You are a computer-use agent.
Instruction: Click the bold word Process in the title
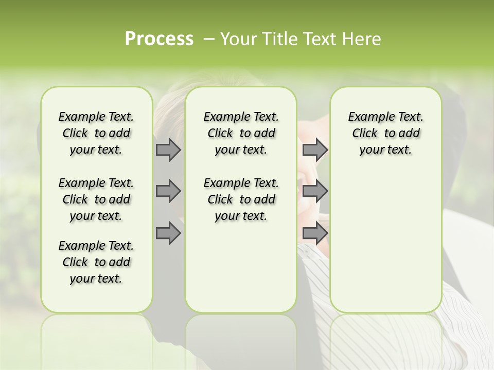click(x=159, y=39)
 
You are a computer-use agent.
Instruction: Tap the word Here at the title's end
click(x=362, y=39)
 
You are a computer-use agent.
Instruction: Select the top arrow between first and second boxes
click(x=168, y=150)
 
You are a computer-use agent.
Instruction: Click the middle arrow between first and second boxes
click(x=168, y=191)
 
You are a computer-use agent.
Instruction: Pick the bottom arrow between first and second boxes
click(x=168, y=233)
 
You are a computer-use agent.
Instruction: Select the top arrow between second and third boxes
click(x=315, y=150)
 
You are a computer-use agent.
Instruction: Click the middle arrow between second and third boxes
click(x=315, y=191)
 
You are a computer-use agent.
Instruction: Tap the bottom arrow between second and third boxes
click(x=315, y=233)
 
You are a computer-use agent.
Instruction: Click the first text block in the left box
click(x=96, y=133)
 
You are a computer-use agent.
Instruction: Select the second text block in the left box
click(x=96, y=199)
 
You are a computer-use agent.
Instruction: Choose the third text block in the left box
click(x=96, y=262)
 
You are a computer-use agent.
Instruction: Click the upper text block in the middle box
click(x=241, y=133)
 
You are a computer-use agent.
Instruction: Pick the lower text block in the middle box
click(x=241, y=199)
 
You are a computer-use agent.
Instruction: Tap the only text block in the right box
click(x=385, y=133)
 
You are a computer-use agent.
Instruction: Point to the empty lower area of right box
click(x=385, y=242)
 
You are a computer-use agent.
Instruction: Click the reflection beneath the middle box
click(x=241, y=339)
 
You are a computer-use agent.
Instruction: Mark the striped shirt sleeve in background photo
click(x=463, y=329)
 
